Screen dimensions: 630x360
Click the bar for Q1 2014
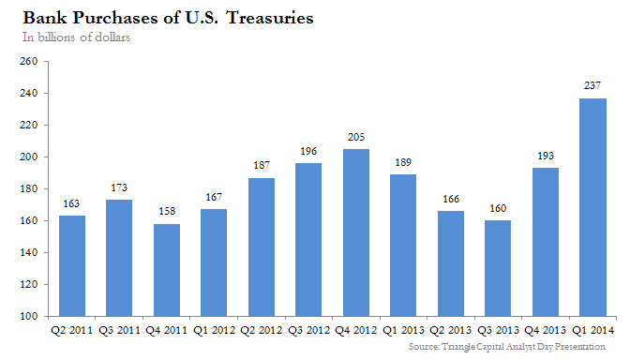(x=592, y=207)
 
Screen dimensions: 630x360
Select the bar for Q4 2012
(x=356, y=232)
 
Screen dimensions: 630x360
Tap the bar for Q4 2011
(x=167, y=270)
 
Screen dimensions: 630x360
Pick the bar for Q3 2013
(x=498, y=268)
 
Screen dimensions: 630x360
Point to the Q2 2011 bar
(x=72, y=266)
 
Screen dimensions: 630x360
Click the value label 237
(x=592, y=85)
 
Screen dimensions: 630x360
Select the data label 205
(x=356, y=137)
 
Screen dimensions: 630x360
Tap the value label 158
(x=167, y=211)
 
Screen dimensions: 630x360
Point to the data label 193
(x=546, y=156)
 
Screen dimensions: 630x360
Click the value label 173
(x=119, y=187)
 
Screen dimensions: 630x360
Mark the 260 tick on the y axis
(x=29, y=62)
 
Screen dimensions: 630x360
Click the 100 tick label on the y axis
(x=29, y=316)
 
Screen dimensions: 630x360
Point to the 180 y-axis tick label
(x=29, y=188)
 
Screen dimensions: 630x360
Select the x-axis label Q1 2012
(x=214, y=331)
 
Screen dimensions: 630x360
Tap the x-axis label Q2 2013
(x=450, y=331)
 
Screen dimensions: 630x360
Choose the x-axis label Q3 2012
(x=308, y=331)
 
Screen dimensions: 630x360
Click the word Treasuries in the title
(x=270, y=18)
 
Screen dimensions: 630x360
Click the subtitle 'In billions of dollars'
(x=76, y=37)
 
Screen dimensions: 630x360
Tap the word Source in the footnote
(x=424, y=346)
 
